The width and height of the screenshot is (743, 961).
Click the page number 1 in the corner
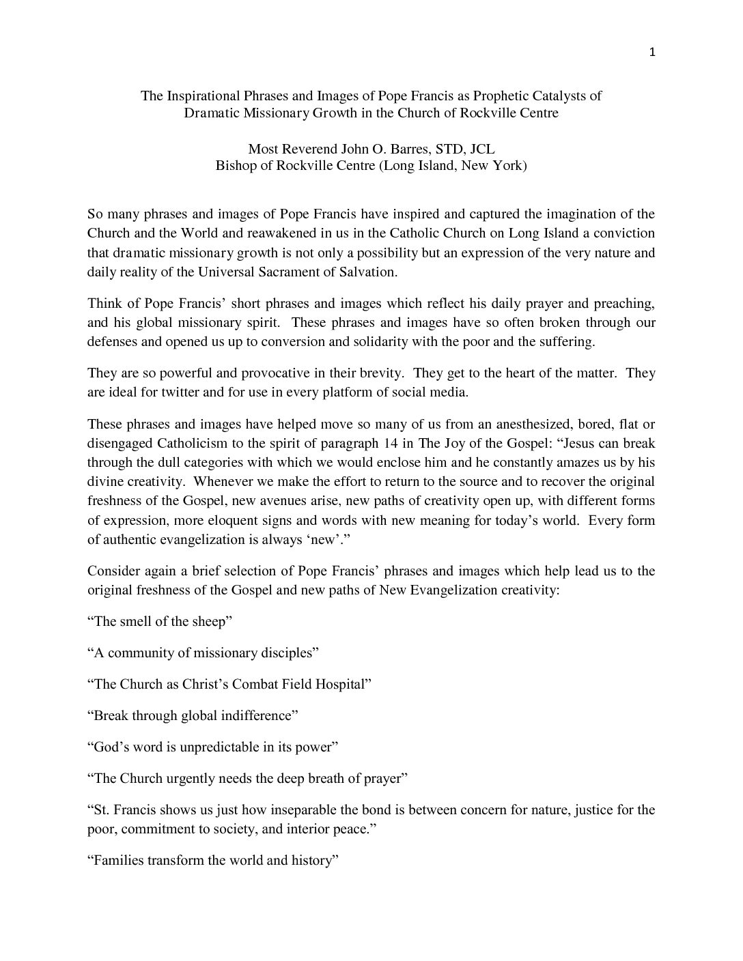(x=652, y=53)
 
